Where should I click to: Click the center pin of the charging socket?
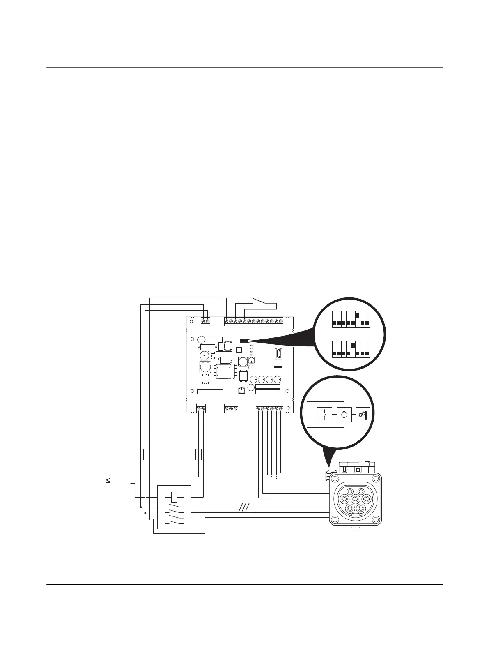coord(355,499)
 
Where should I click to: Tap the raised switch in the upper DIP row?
coord(358,316)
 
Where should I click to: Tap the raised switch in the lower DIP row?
coord(353,345)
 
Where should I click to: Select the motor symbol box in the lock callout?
coord(344,414)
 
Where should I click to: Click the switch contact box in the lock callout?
coord(324,414)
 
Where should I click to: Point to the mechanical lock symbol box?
coord(363,414)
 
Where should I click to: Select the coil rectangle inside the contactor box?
coord(174,497)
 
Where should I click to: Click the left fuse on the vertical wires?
coord(140,455)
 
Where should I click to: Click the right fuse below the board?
coord(199,455)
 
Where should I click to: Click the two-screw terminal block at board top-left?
coord(205,321)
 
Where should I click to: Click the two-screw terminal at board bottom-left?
coord(201,408)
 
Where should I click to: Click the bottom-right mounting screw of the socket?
coord(376,519)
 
